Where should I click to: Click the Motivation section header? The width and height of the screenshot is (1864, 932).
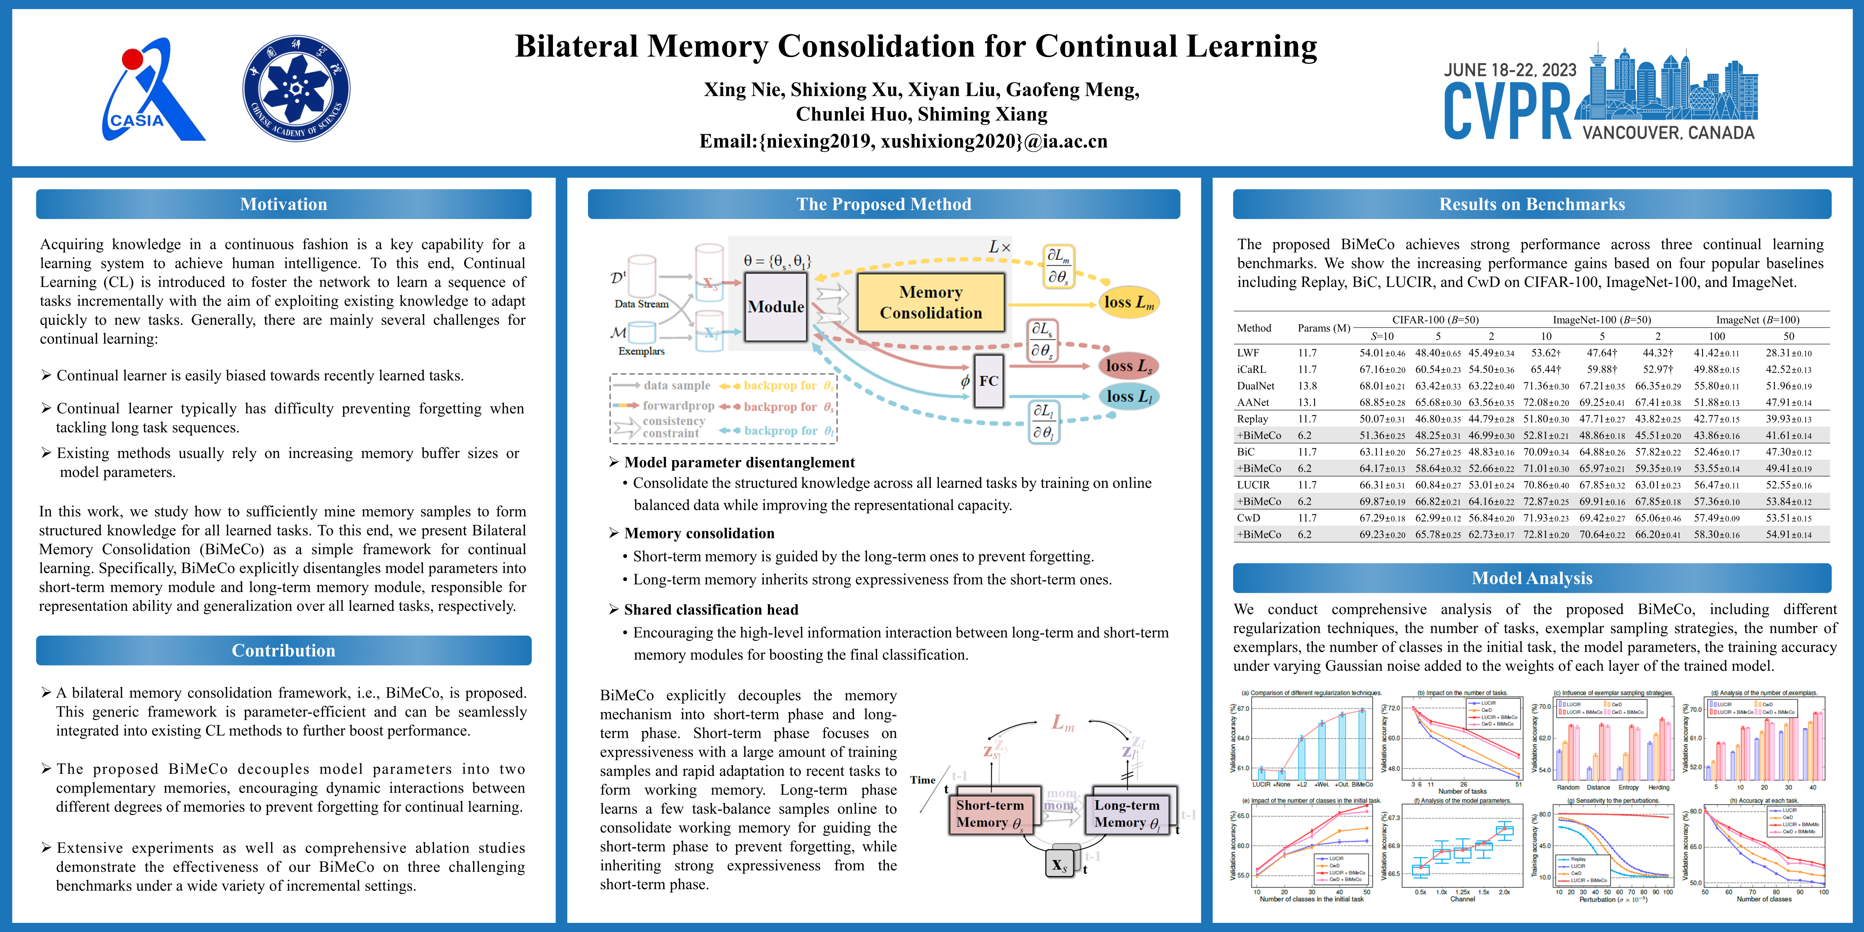(x=284, y=204)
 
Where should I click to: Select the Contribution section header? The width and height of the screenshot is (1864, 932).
(x=284, y=651)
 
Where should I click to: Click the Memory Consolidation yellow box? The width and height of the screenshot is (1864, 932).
(x=931, y=303)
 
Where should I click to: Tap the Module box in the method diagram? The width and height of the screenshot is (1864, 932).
(x=776, y=307)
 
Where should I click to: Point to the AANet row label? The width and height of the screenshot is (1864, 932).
(x=1253, y=402)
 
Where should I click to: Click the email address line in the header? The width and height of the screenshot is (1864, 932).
(x=903, y=141)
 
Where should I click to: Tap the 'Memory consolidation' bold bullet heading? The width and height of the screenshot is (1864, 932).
(x=699, y=533)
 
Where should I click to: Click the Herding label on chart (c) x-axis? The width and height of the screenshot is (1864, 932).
(x=1659, y=787)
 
